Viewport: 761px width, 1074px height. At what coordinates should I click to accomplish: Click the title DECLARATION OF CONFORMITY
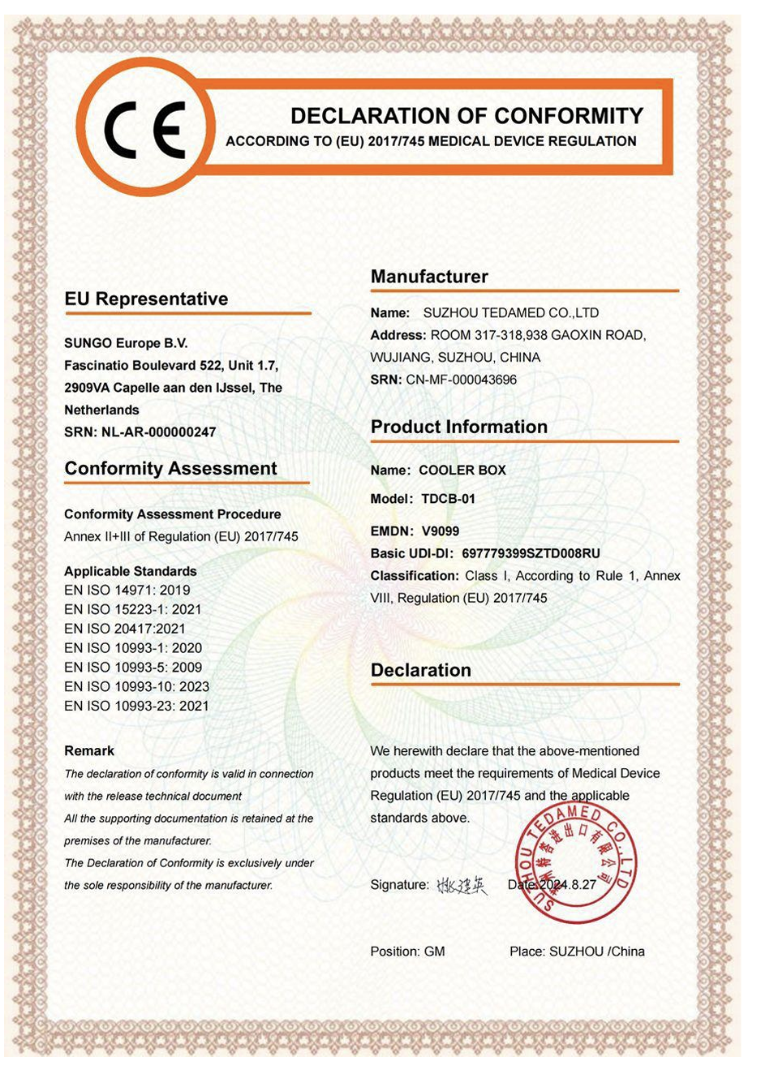coord(466,116)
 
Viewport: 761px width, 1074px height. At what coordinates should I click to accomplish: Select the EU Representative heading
coord(146,299)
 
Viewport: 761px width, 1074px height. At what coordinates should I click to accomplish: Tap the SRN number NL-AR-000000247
coord(159,432)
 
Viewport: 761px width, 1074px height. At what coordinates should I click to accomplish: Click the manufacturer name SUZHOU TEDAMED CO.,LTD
coord(511,313)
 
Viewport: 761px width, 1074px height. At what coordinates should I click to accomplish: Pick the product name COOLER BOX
coord(462,470)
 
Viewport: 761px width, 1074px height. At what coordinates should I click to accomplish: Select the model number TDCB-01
coord(448,499)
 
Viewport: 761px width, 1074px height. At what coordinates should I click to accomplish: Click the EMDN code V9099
coord(440,531)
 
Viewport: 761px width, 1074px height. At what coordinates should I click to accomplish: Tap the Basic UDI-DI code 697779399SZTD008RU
coord(531,554)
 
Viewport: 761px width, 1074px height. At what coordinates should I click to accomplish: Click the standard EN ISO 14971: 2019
coord(127,591)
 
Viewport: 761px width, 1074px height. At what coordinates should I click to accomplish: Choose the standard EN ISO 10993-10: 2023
coord(136,687)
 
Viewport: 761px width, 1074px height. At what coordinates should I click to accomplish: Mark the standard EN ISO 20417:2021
coord(125,629)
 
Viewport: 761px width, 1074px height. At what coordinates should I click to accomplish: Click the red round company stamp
coord(575,864)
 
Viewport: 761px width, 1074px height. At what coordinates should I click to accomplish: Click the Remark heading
coord(89,751)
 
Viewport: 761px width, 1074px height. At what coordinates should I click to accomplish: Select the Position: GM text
coord(407,952)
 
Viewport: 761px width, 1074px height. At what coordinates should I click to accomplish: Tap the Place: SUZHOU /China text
coord(577,952)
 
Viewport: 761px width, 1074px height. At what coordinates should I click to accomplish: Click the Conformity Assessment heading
coord(170,469)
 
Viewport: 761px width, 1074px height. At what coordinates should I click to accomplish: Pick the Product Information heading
coord(459,427)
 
